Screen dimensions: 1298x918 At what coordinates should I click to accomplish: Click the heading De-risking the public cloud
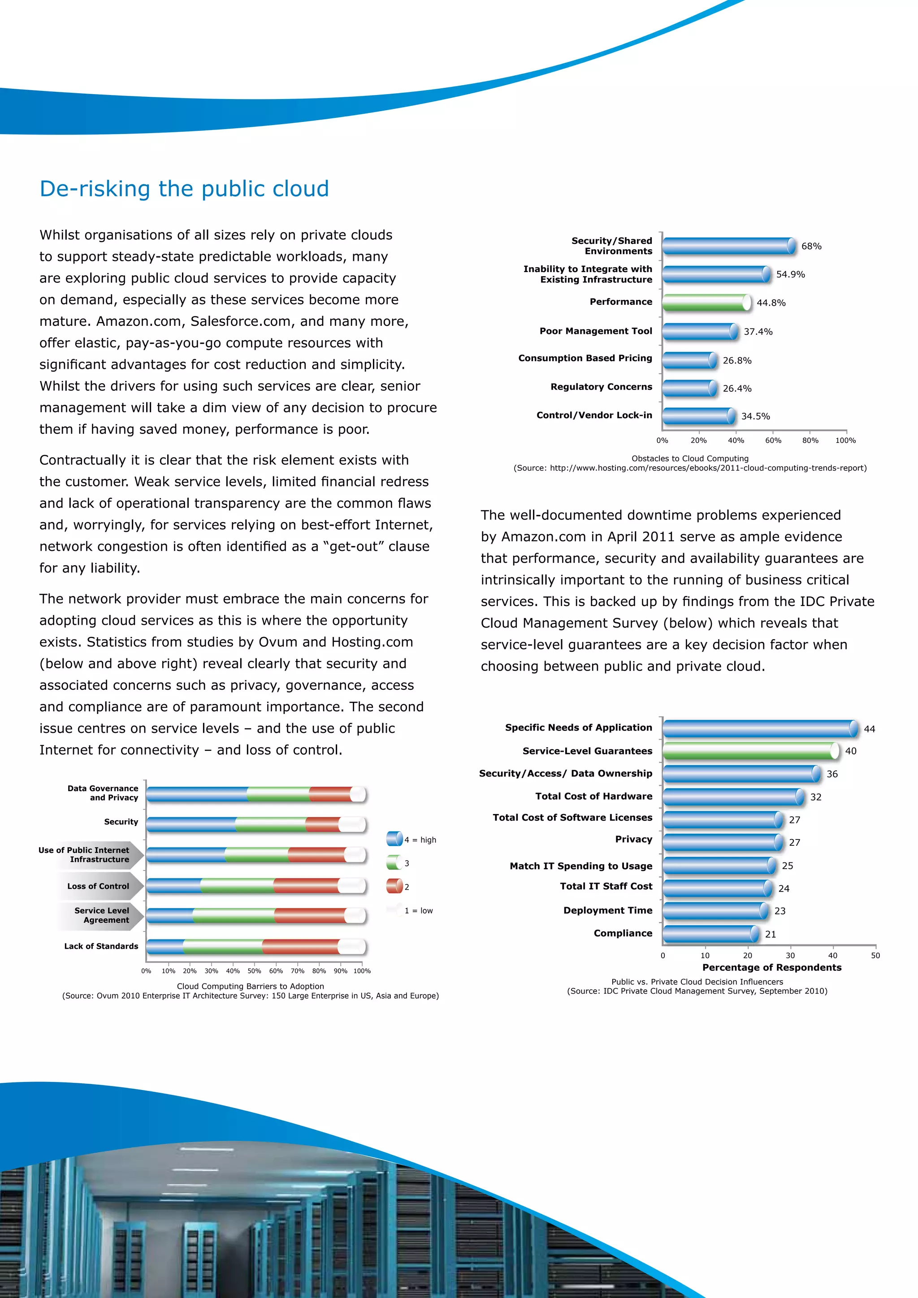[x=184, y=189]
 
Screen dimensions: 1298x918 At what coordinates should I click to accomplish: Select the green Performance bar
[x=706, y=303]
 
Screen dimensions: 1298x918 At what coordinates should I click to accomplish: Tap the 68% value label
[x=811, y=247]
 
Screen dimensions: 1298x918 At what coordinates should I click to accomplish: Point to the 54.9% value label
[x=790, y=275]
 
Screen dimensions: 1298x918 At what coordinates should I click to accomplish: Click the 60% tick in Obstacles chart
[x=773, y=441]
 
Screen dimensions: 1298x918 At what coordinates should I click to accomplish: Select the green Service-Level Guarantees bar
[x=749, y=751]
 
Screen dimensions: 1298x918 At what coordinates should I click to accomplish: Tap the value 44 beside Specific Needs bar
[x=870, y=729]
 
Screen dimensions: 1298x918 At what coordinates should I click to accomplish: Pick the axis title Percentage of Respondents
[x=771, y=967]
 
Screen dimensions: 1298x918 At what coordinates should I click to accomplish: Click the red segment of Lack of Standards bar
[x=300, y=946]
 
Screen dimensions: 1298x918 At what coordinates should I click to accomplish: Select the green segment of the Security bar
[x=270, y=824]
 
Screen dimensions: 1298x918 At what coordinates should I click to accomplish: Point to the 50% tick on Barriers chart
[x=254, y=971]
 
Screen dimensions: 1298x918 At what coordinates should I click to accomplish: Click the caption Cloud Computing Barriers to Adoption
[x=251, y=986]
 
